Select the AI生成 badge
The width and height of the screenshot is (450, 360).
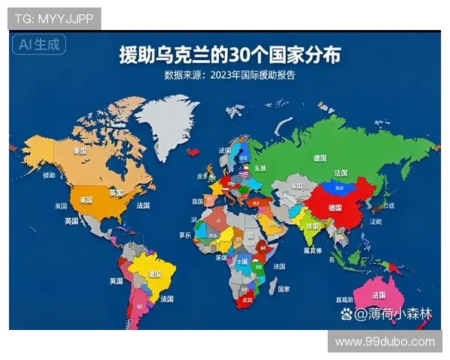[x=38, y=45]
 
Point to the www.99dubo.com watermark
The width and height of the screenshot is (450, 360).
[x=385, y=341]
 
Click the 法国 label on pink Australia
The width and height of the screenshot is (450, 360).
[x=378, y=294]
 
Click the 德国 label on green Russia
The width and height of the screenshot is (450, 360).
[x=319, y=158]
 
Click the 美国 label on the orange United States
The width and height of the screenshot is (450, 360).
[x=86, y=199]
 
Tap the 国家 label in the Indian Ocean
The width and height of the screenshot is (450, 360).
[x=283, y=288]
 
